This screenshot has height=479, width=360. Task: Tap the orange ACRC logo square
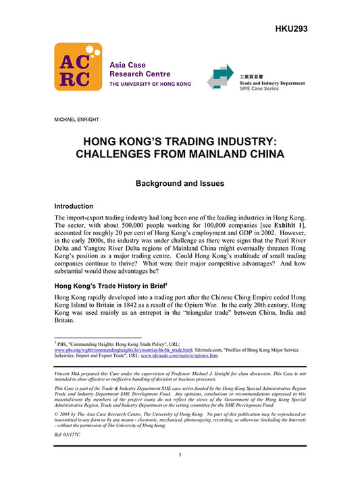click(78, 67)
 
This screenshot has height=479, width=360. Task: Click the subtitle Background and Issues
click(179, 183)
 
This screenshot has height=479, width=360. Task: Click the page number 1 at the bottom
click(180, 456)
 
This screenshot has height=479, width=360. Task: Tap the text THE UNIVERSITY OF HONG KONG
click(150, 84)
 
